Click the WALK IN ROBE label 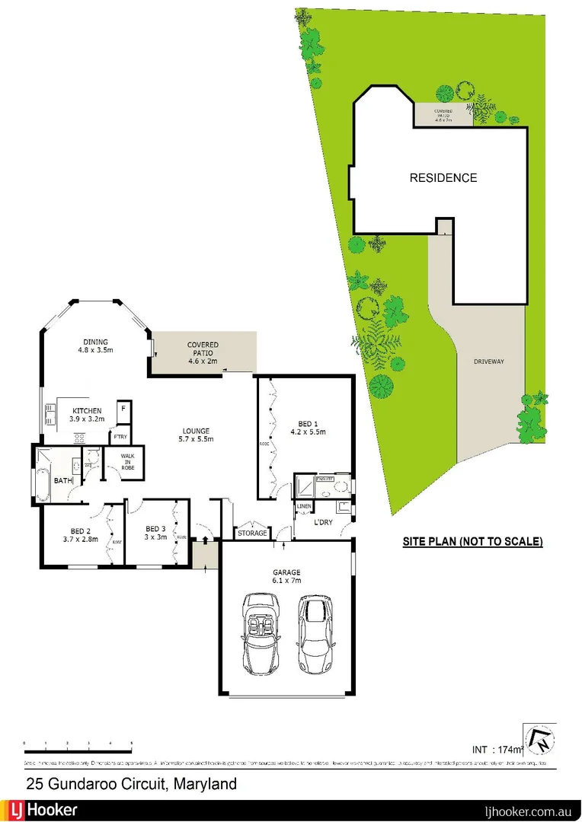(122, 462)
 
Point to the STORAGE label (253, 533)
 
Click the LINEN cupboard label (304, 506)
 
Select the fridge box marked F (122, 409)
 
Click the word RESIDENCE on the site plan (443, 178)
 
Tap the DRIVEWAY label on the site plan (486, 362)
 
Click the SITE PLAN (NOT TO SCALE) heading (472, 542)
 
